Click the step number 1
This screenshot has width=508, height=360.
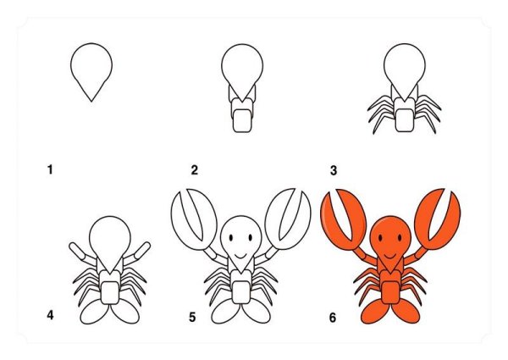[x=50, y=169]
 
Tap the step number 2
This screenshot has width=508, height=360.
[x=194, y=169]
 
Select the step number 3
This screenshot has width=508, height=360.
[x=334, y=170]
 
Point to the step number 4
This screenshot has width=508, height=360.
[x=50, y=315]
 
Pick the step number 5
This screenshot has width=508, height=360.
[x=192, y=318]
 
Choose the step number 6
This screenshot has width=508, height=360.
[x=333, y=318]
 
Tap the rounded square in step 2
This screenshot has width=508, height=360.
[x=242, y=120]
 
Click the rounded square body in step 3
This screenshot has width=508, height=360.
[x=405, y=120]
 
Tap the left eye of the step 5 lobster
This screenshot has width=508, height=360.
[x=230, y=238]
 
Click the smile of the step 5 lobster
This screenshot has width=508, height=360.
[x=240, y=257]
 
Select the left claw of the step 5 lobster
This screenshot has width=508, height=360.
[x=193, y=219]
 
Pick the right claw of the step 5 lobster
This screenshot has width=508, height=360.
[x=288, y=219]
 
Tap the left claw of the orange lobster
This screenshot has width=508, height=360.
[x=344, y=220]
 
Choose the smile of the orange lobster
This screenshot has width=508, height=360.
[x=390, y=257]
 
